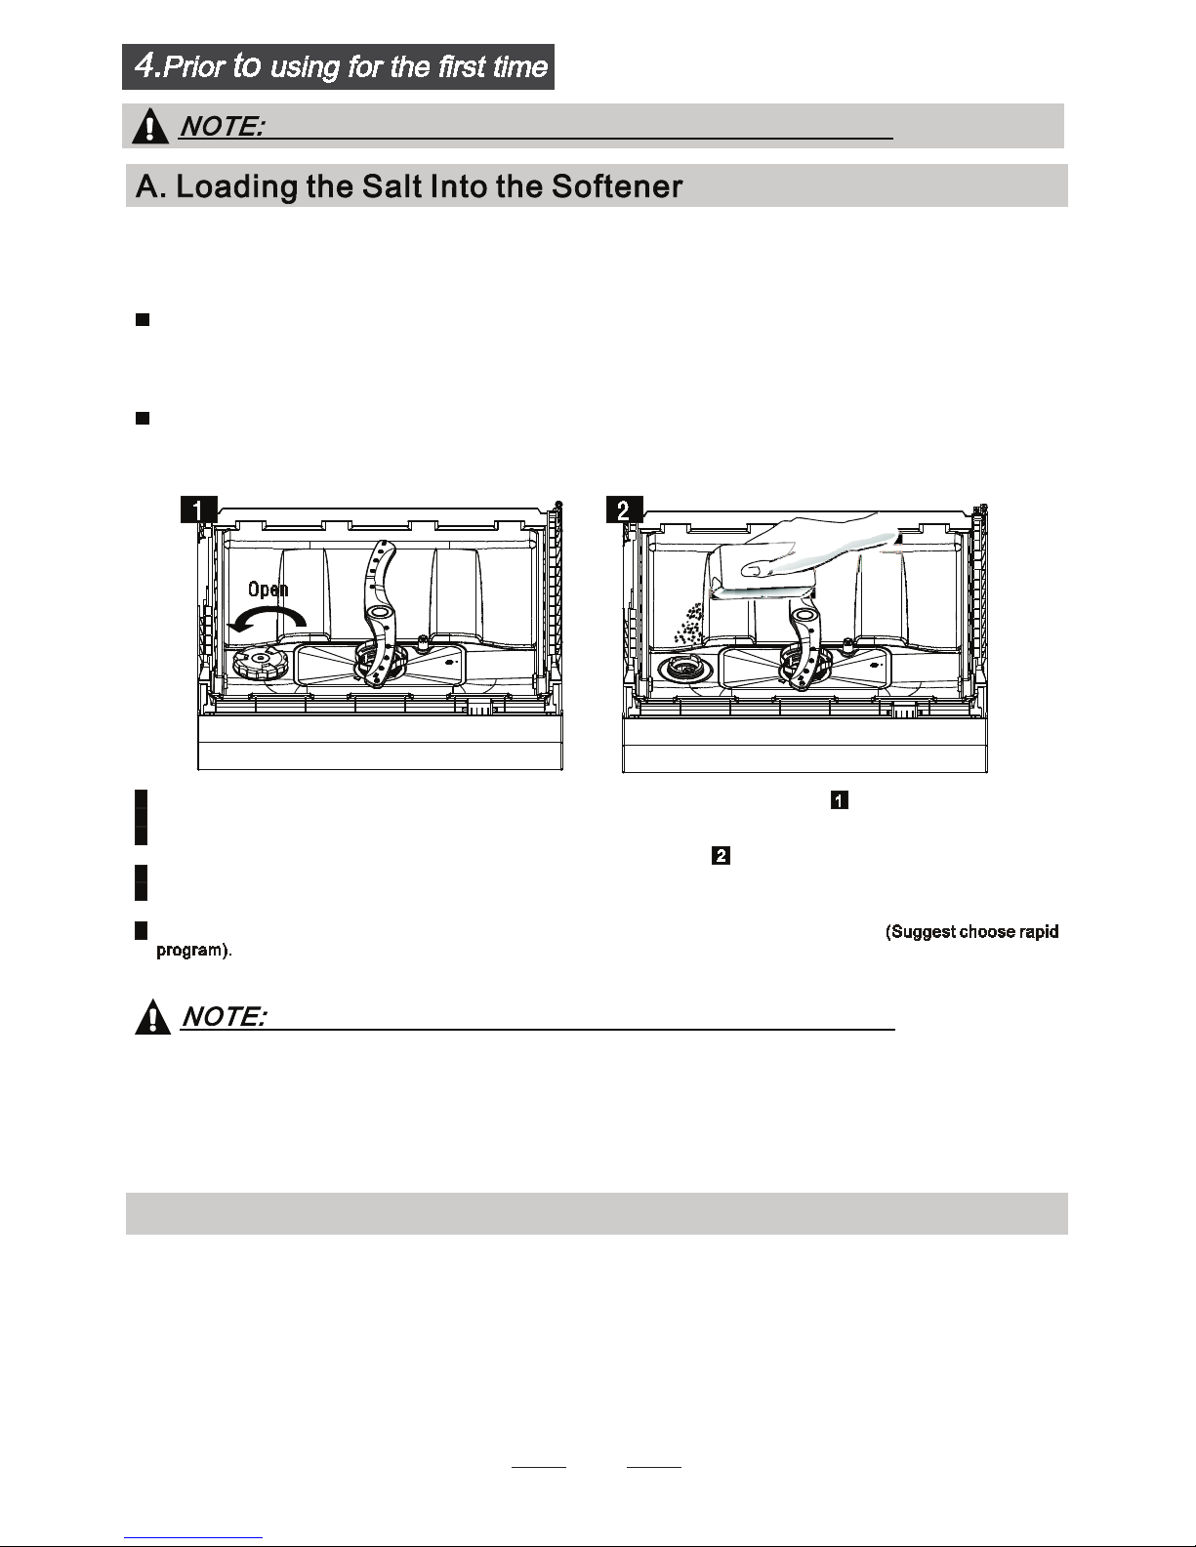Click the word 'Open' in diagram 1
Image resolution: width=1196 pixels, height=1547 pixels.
tap(268, 590)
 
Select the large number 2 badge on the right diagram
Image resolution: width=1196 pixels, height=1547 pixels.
tap(624, 510)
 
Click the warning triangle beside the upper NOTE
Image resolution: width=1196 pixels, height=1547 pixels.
tap(150, 126)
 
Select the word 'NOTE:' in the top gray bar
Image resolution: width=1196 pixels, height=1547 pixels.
tap(221, 126)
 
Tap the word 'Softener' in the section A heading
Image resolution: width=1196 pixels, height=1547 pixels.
tap(616, 186)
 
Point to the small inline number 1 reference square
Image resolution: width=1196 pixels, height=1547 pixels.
tap(839, 801)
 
